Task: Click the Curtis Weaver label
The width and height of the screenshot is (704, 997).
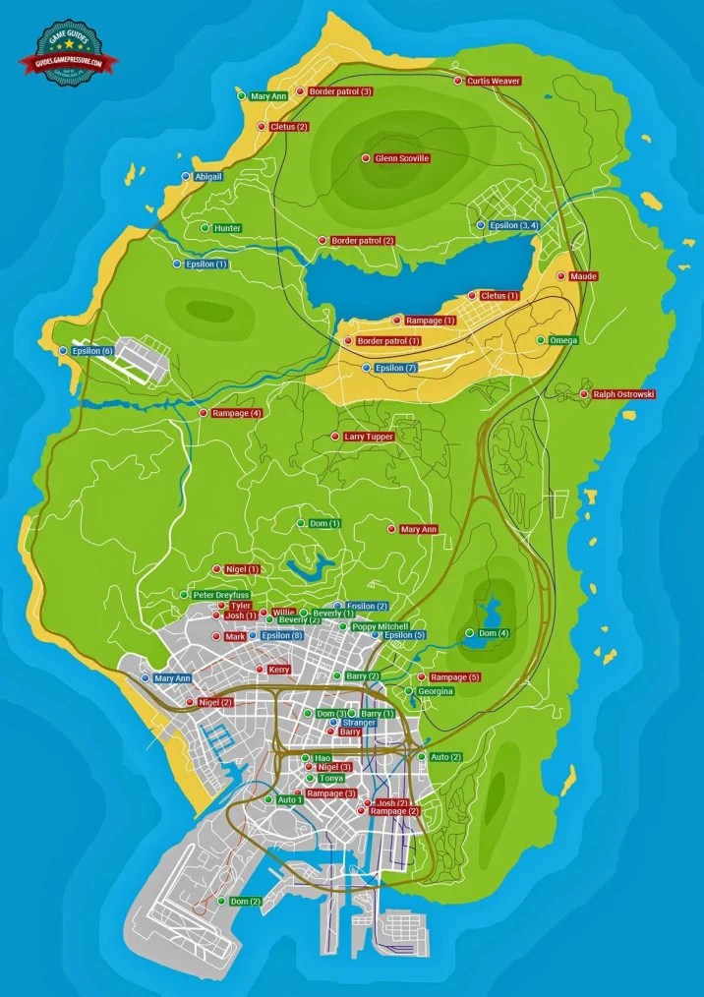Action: [x=493, y=81]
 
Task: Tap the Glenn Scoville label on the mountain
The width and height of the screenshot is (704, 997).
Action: [x=402, y=158]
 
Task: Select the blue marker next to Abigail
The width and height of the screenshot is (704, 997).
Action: [x=186, y=176]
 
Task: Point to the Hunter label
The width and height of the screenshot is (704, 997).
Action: [x=227, y=228]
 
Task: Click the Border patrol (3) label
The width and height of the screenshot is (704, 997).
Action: [x=339, y=91]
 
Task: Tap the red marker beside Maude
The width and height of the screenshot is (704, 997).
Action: [x=561, y=277]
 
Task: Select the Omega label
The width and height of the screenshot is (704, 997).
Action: [x=563, y=340]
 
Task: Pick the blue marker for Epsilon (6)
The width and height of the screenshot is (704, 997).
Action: [x=63, y=351]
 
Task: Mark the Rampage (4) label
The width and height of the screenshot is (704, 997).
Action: [x=236, y=413]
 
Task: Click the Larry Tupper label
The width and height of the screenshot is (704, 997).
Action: [x=369, y=436]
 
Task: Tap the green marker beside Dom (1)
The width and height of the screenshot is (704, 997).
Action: [x=301, y=523]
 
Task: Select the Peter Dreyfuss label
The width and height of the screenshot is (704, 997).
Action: [x=221, y=595]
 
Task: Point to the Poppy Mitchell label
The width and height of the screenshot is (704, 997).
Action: [x=380, y=626]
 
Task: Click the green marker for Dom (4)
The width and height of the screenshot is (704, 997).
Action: [x=469, y=632]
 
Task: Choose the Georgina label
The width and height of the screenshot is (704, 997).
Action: [x=435, y=691]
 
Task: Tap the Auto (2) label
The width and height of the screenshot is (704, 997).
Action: [x=445, y=757]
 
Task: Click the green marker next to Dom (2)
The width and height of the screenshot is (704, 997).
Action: [x=219, y=902]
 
